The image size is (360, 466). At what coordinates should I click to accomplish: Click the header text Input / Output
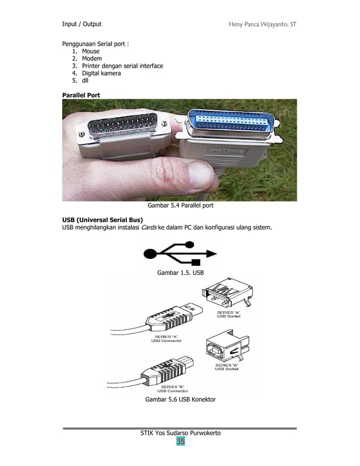(x=81, y=24)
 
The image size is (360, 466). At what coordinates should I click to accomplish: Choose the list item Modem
(x=91, y=59)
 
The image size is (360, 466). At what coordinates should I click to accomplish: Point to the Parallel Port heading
(x=81, y=95)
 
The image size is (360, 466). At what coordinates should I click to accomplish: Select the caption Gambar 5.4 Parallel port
(x=180, y=207)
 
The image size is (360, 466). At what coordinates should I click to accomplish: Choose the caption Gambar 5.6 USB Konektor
(x=180, y=400)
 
